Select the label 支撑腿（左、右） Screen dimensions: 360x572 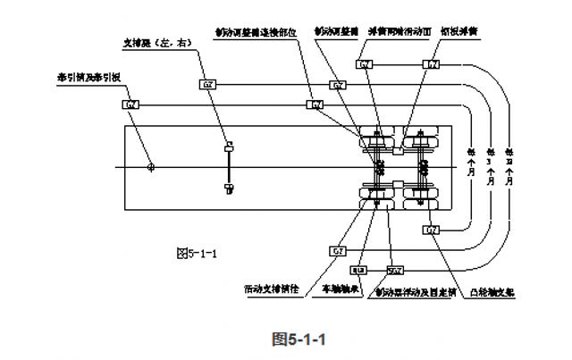click(155, 41)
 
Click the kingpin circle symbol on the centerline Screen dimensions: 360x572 click(150, 166)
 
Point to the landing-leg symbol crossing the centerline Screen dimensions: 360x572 click(229, 166)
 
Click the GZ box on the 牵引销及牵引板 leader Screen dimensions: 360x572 click(130, 105)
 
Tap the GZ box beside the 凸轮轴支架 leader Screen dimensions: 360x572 click(432, 230)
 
